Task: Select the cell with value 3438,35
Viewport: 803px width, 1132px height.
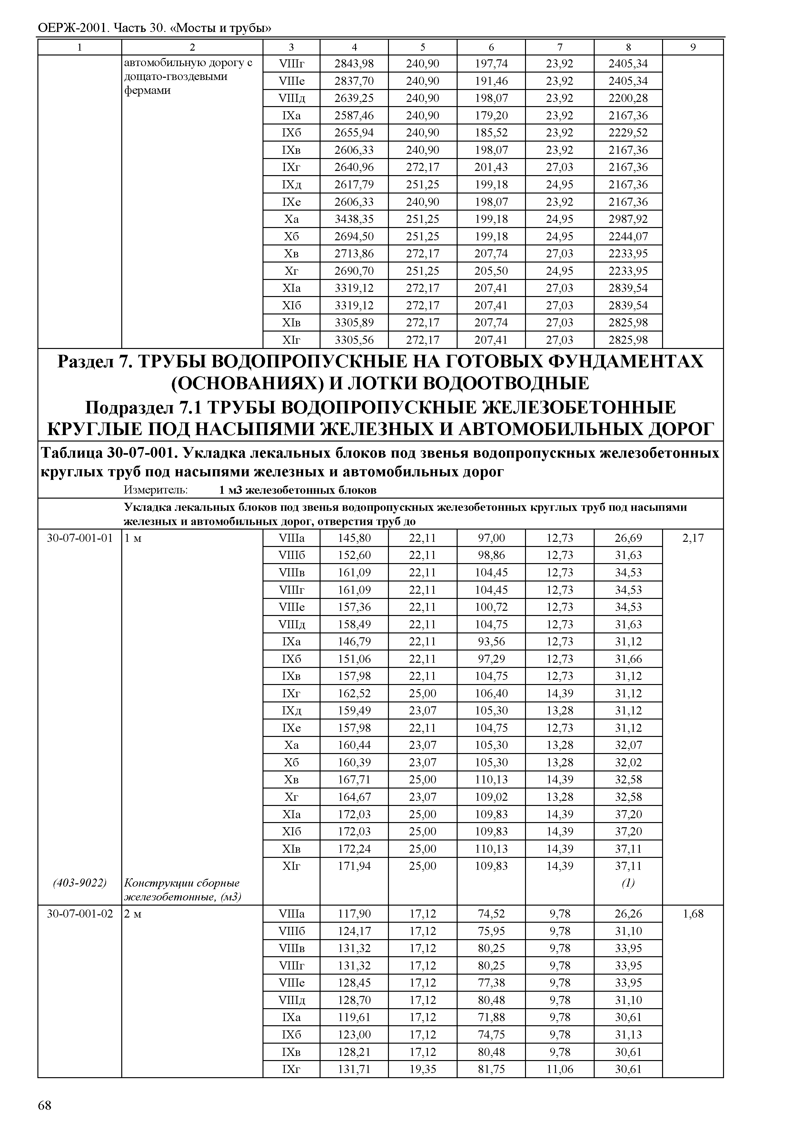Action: pos(354,219)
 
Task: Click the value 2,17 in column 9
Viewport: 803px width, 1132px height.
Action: pos(693,538)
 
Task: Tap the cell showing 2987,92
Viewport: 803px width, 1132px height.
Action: pos(628,219)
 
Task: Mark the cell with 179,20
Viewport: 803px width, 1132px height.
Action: pos(491,116)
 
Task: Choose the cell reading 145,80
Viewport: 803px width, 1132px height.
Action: pos(354,538)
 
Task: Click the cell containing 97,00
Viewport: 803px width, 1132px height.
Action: pos(491,538)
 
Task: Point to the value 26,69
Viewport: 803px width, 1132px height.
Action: pos(628,538)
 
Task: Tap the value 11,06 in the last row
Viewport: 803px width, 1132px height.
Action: pos(560,1069)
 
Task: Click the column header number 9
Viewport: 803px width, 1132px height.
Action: pos(693,47)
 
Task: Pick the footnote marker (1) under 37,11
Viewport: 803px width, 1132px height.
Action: pos(628,883)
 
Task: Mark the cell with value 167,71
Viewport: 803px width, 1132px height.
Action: pos(354,780)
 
